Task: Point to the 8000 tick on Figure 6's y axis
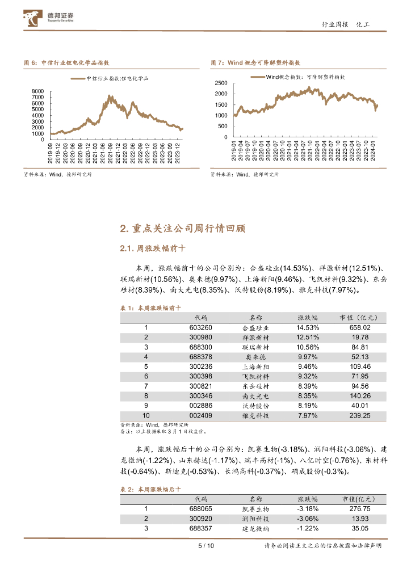click(x=37, y=91)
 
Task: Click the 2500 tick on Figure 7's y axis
click(x=221, y=83)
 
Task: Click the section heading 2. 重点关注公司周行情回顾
click(x=183, y=229)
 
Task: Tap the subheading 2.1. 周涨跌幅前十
click(x=154, y=249)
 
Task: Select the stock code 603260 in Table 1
click(x=201, y=327)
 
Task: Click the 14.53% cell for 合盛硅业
click(x=308, y=327)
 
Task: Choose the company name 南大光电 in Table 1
click(x=255, y=396)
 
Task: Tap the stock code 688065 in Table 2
click(x=201, y=509)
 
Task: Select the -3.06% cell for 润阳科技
click(x=308, y=519)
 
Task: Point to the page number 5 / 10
click(x=205, y=546)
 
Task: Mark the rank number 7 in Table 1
click(x=146, y=386)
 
